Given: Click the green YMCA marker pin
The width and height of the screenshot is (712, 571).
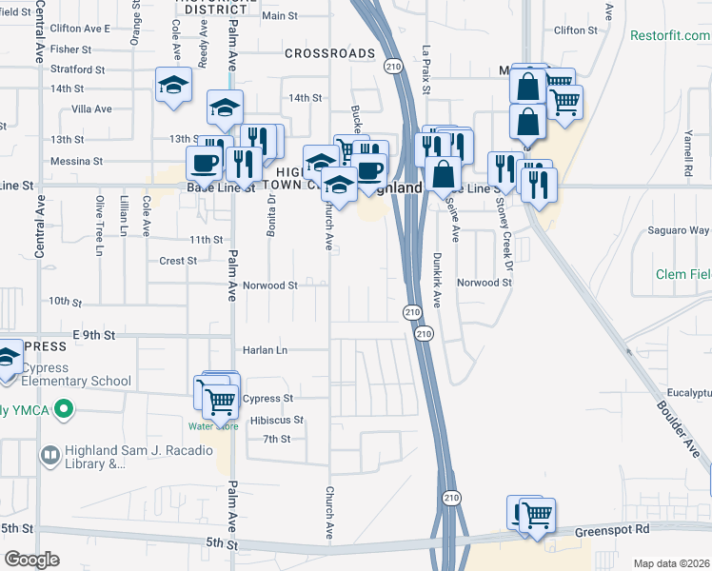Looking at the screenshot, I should (x=64, y=411).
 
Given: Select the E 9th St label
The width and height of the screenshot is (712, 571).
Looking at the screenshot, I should (x=93, y=335).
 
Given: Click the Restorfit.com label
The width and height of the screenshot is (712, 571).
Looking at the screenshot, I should (x=670, y=35).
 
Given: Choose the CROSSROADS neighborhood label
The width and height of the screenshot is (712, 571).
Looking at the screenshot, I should (x=329, y=54).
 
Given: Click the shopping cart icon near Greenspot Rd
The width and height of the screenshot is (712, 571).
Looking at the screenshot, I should (x=537, y=516).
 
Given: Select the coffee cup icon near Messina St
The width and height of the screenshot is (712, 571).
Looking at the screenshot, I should (x=205, y=163).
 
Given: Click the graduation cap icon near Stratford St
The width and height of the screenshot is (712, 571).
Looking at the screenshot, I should (x=174, y=85).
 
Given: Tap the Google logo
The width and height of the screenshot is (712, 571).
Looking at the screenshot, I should (x=32, y=559).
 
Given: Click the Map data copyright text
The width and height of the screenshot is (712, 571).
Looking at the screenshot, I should (x=672, y=563).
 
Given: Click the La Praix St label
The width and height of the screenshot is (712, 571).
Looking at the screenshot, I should (x=427, y=69).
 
